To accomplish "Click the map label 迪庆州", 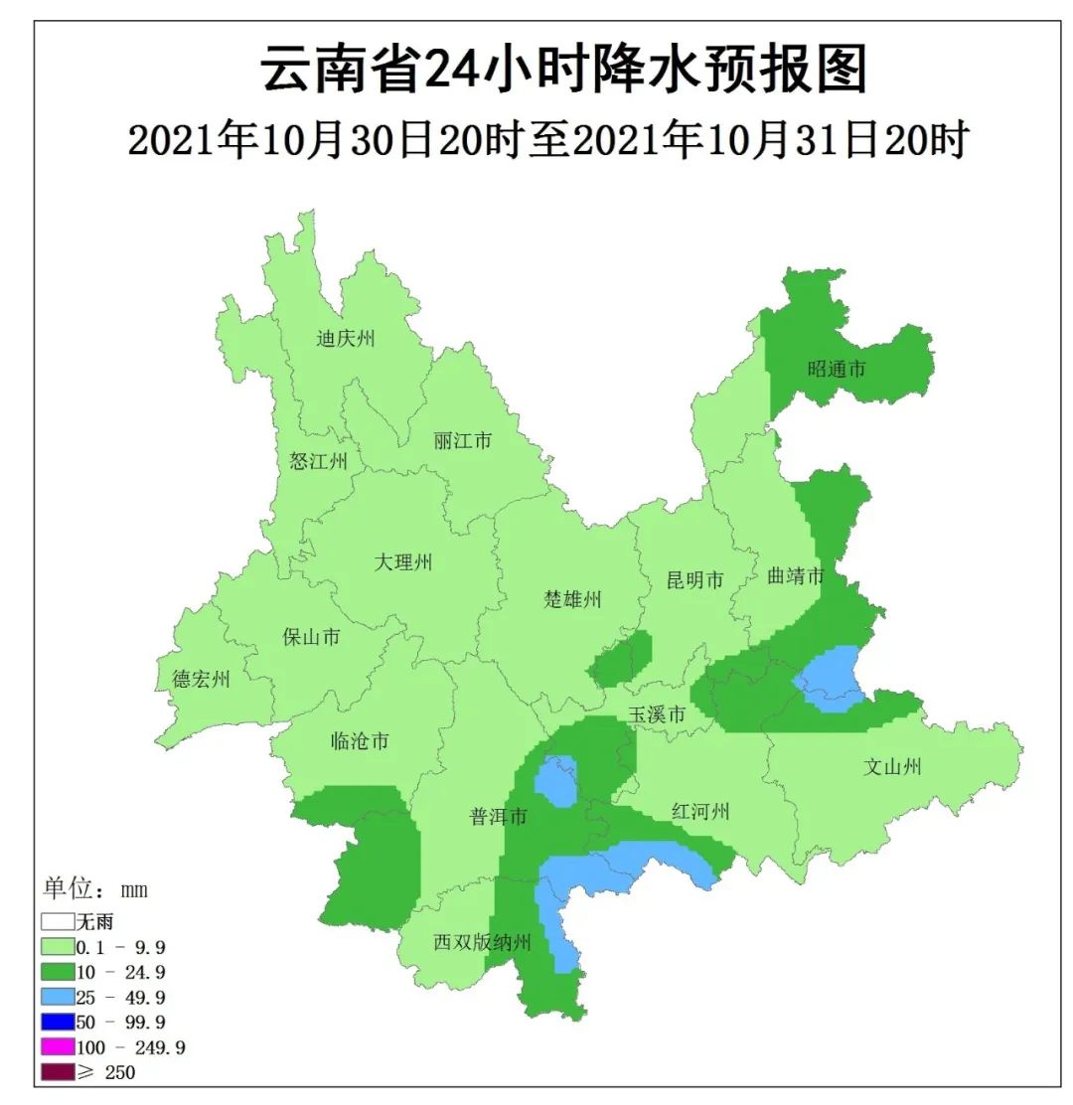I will coord(346,339).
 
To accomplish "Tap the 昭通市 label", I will coord(837,369).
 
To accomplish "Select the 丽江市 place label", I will coord(462,440).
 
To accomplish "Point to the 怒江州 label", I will coord(318,461).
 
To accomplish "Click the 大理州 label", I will coord(403,562).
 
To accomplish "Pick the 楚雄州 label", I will coord(573,599).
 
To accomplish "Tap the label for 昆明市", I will coord(694,580).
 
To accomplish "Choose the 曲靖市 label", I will coord(796,576).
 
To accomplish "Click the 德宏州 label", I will coord(201,680).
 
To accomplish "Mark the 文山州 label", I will coord(892,766).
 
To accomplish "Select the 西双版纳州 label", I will coord(483,942).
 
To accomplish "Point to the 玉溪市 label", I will coord(657,714).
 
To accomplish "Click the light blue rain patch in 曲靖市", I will coord(829,679).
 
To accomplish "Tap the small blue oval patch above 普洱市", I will coord(555,781).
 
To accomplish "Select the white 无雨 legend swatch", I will coord(58,921).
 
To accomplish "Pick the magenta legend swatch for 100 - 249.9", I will coord(58,1046).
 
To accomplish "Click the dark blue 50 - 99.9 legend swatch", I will coord(58,1022).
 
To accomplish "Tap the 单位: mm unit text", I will coord(94,888).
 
